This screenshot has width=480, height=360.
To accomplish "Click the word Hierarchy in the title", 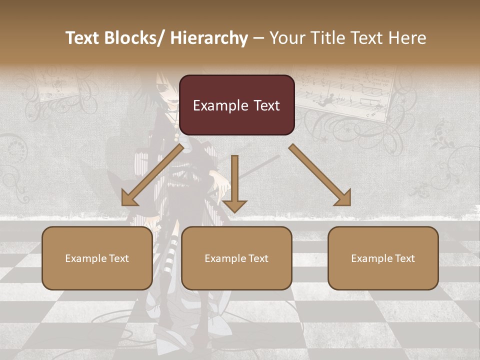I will (209, 38).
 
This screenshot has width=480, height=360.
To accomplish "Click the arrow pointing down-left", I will (152, 175).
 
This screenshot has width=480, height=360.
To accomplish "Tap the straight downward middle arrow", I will (234, 182).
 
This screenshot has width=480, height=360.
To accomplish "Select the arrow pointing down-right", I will (320, 175).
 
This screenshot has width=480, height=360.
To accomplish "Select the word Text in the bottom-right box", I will (404, 258).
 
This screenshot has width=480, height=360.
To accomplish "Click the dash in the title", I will (258, 38).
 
